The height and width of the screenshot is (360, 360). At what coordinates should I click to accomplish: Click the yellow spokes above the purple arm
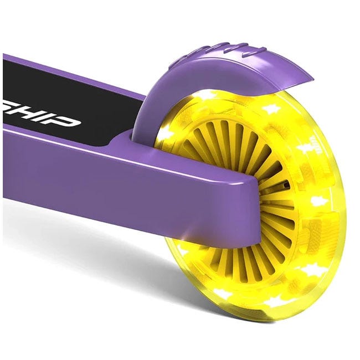(238, 150)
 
